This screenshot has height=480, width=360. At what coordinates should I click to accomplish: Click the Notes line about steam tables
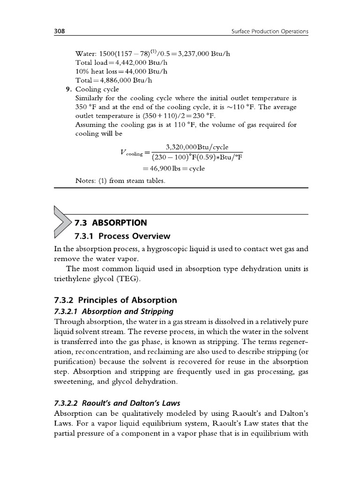coord(120,181)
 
